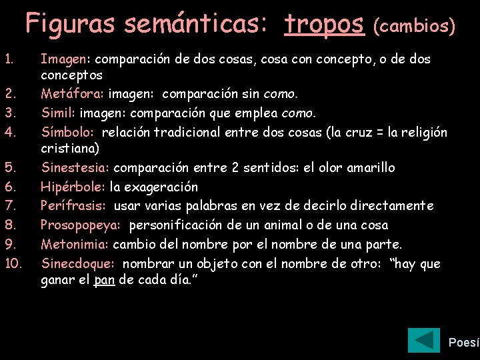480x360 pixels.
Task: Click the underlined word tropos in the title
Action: [324, 24]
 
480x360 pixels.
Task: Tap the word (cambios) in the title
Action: [414, 26]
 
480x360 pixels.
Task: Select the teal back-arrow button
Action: [423, 341]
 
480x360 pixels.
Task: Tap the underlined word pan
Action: [104, 280]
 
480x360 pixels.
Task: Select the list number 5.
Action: [9, 167]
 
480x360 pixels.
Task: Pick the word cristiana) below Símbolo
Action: [70, 148]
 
